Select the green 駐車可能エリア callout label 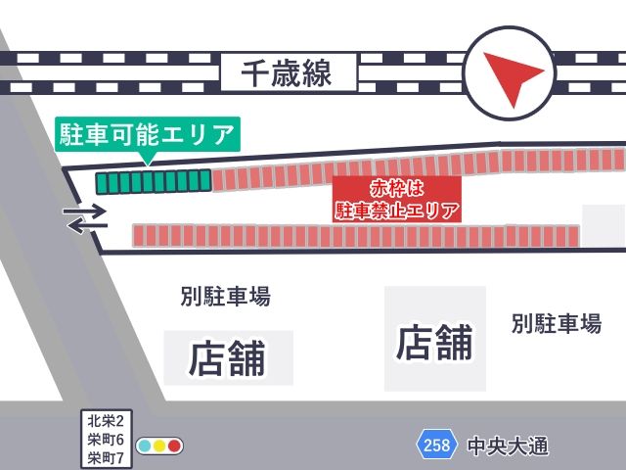click(x=147, y=132)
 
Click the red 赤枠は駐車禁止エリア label click(x=396, y=199)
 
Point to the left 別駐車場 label click(x=226, y=296)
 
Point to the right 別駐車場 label click(x=556, y=324)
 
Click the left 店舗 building click(x=228, y=357)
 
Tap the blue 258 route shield click(x=437, y=446)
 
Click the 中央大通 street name click(x=508, y=446)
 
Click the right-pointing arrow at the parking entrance click(x=86, y=210)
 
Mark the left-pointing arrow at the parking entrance click(x=85, y=226)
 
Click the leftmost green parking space click(x=102, y=182)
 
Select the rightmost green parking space click(x=204, y=180)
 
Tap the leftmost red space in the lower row click(x=140, y=235)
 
